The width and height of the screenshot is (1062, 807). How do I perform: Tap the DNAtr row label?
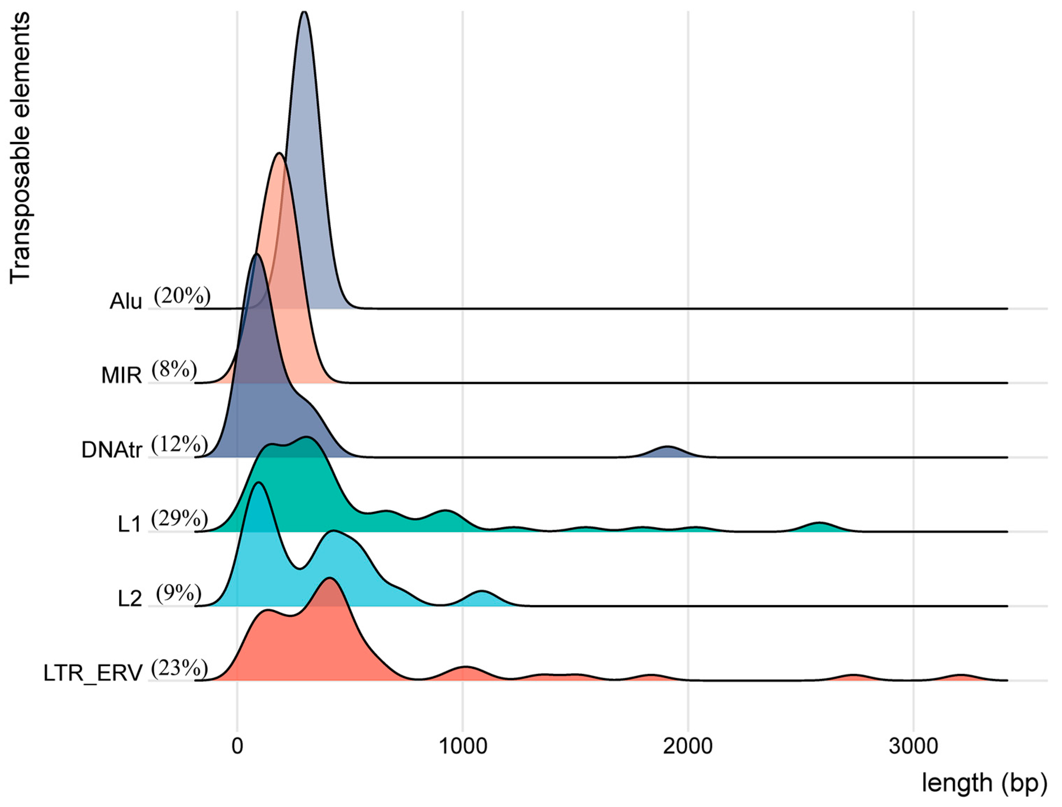(112, 450)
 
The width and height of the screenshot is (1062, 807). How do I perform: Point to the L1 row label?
(130, 524)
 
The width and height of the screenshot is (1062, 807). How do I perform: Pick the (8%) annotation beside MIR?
(174, 370)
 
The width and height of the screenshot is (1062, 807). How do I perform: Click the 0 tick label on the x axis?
(237, 746)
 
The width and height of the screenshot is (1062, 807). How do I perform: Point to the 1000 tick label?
(463, 746)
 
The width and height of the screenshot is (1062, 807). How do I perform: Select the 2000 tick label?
(688, 746)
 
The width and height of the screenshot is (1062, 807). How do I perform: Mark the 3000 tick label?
(913, 746)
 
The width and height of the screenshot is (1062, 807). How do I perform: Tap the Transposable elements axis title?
(20, 148)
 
